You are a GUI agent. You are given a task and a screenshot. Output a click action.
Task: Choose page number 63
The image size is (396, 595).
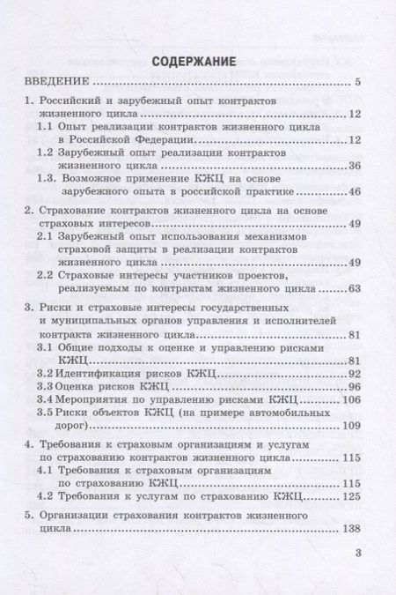point(355,288)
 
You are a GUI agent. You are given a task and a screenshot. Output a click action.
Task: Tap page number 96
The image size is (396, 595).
point(355,386)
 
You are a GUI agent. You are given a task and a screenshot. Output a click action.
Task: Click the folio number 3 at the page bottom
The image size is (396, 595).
point(357,554)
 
